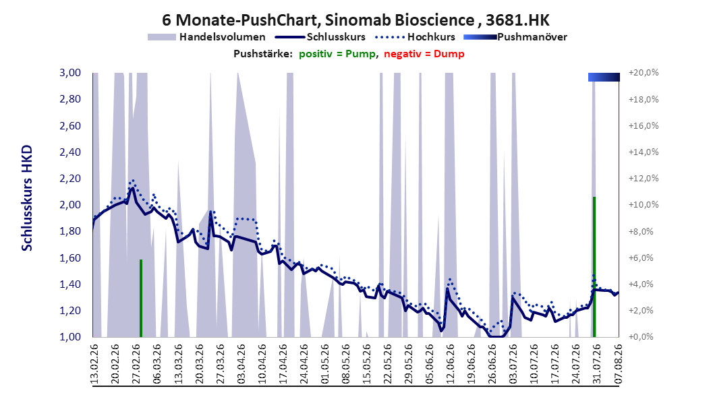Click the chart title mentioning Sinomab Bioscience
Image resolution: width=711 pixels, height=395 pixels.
pos(355,20)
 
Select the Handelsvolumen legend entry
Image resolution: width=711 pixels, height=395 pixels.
pos(206,37)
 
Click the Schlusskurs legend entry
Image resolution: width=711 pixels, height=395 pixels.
pos(320,37)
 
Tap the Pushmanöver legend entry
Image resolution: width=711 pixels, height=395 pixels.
pos(515,37)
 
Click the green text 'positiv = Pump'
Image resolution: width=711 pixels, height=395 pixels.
pos(337,54)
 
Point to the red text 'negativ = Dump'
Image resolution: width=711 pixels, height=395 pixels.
pos(424,54)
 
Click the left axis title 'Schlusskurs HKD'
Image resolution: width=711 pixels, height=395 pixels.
pos(27,198)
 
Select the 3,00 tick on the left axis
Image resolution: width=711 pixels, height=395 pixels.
pos(70,73)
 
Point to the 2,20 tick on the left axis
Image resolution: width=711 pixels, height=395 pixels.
pos(70,179)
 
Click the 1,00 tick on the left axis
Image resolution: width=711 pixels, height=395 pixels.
pos(70,337)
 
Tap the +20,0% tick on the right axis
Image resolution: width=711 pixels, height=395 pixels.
pos(644,73)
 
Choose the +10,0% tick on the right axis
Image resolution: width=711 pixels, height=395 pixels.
pos(644,205)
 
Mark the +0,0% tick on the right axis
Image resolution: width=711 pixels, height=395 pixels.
pos(641,337)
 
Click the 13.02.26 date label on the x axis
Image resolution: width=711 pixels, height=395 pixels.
pos(94,364)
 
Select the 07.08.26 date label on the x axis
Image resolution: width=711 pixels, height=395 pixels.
pos(618,364)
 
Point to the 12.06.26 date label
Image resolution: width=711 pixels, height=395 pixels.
pos(450,364)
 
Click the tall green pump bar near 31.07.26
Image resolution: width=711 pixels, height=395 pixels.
pos(594,267)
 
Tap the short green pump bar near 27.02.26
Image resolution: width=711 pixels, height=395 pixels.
pos(140,298)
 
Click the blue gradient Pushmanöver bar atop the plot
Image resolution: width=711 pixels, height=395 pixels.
pos(604,77)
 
